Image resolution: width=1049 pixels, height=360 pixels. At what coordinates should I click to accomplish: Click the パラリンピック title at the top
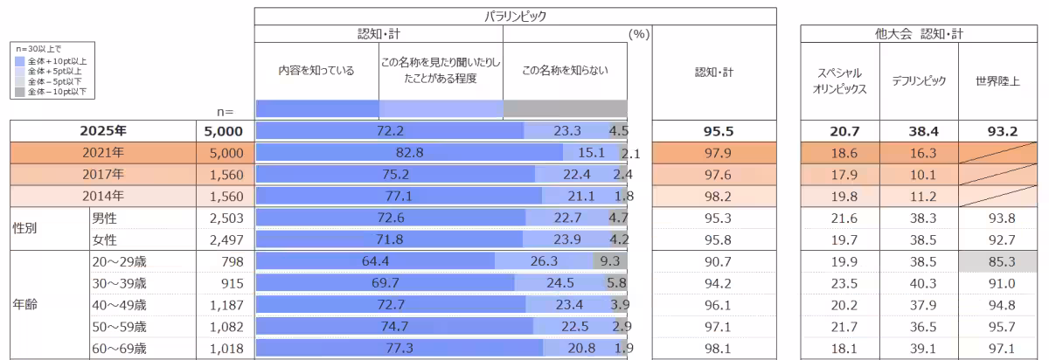click(x=516, y=16)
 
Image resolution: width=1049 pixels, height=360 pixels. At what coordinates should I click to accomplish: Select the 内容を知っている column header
click(x=316, y=72)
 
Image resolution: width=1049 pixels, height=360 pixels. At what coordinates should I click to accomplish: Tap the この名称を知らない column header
click(x=564, y=72)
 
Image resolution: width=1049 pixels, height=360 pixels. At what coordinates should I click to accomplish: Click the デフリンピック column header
click(x=919, y=80)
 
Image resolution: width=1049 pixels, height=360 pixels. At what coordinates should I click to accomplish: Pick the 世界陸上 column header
click(x=997, y=80)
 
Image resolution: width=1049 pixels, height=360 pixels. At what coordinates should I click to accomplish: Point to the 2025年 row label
click(x=103, y=131)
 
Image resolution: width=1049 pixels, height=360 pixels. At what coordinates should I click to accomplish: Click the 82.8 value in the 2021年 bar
click(x=409, y=153)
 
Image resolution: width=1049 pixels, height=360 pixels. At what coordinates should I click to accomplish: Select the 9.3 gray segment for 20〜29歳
click(x=609, y=260)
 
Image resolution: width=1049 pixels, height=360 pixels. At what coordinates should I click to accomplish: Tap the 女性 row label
click(x=105, y=239)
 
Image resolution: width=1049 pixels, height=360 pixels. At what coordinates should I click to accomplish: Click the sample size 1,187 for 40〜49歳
click(x=224, y=304)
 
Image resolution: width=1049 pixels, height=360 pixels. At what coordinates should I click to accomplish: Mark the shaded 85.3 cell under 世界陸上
click(x=997, y=260)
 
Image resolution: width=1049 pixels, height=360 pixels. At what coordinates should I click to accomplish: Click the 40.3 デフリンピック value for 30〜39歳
click(x=919, y=282)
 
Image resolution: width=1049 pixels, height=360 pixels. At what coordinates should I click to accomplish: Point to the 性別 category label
click(x=24, y=228)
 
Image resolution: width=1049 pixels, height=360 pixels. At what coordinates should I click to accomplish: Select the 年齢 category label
click(x=24, y=305)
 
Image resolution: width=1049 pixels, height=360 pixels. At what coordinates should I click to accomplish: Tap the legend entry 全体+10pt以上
click(x=59, y=61)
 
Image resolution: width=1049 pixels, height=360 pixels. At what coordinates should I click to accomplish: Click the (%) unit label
click(x=639, y=34)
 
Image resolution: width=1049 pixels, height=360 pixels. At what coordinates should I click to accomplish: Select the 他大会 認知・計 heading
click(x=919, y=34)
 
